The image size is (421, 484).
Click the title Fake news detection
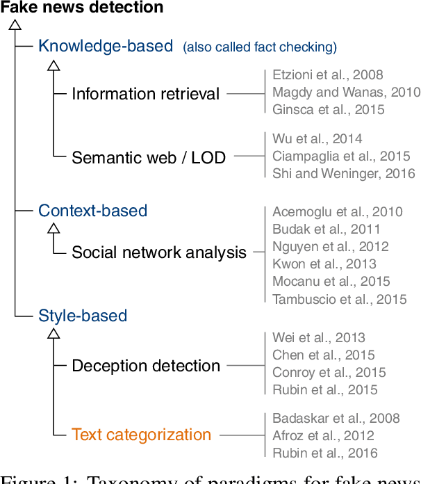point(82,8)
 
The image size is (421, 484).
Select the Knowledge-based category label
point(106,47)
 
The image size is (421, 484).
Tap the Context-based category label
point(93,211)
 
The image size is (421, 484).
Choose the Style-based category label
point(83,316)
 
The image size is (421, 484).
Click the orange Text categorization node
point(141,435)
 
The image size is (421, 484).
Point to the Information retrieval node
point(145,94)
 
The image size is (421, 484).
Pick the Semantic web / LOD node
point(149,158)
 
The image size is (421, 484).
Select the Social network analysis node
point(159,252)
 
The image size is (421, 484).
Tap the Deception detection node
point(146,366)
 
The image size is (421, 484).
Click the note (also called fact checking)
point(260,47)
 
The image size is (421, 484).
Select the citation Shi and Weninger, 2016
point(343,174)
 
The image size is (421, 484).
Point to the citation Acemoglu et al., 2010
point(337,211)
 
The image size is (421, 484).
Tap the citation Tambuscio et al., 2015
point(339,299)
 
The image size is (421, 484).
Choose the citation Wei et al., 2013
point(318,338)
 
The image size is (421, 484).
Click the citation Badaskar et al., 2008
point(336,419)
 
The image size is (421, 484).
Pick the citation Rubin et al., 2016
point(324,453)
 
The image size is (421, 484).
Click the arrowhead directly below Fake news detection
point(15,24)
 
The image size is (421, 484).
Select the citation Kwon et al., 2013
point(324,264)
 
